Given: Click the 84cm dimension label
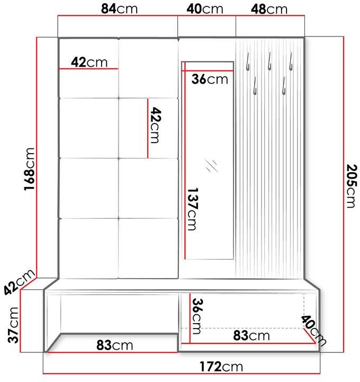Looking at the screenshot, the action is click(119, 9).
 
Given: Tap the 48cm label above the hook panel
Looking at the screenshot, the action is click(269, 9).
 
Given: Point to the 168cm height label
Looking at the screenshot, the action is click(29, 169).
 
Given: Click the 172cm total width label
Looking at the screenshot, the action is click(221, 367).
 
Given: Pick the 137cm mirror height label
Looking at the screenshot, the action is click(193, 209).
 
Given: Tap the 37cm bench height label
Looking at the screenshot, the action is click(13, 325).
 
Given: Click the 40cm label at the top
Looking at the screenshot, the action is click(205, 9).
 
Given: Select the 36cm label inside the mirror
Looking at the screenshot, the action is click(210, 79).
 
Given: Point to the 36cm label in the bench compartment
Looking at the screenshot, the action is click(197, 316).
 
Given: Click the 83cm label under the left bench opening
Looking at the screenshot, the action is click(115, 345).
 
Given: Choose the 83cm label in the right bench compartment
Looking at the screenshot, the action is click(251, 335).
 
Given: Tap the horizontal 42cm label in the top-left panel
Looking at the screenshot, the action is click(89, 62).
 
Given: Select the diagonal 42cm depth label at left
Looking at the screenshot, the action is click(19, 282).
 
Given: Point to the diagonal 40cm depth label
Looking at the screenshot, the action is click(313, 331).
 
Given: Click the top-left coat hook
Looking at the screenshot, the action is click(248, 61).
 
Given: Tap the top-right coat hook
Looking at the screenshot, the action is click(291, 61).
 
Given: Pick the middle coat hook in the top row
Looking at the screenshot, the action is click(269, 61).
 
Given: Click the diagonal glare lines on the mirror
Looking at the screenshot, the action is click(211, 166).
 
